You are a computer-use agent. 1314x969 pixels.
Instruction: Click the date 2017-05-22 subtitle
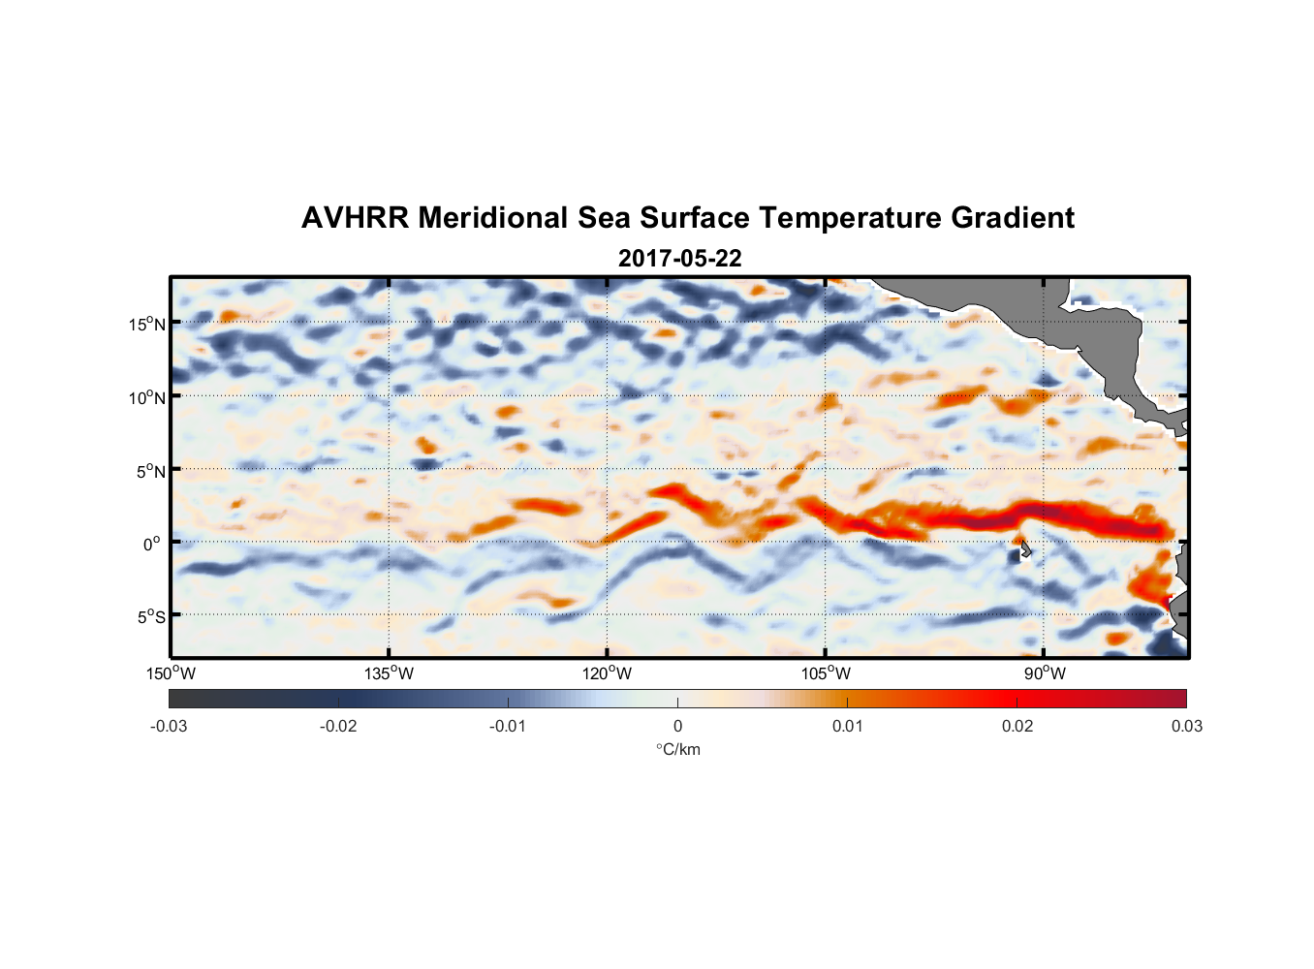(x=679, y=259)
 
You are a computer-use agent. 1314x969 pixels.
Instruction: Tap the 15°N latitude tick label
(x=147, y=324)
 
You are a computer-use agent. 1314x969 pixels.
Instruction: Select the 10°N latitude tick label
(x=147, y=397)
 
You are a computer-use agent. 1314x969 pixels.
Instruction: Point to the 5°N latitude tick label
(x=150, y=471)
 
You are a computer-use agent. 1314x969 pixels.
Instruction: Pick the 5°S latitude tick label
(x=150, y=617)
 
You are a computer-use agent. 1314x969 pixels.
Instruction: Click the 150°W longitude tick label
(x=172, y=673)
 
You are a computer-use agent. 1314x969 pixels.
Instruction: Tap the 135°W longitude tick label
(x=390, y=673)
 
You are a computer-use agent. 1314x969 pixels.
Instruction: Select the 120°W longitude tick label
(x=608, y=673)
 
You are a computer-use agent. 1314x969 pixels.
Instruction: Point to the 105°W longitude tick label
(x=826, y=673)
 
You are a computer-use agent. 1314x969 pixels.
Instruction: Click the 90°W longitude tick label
(x=1045, y=673)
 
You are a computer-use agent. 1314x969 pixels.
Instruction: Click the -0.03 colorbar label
(x=169, y=726)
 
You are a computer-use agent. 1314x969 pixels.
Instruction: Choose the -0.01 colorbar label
(x=508, y=726)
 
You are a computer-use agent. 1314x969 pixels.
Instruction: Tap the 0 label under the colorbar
(x=677, y=726)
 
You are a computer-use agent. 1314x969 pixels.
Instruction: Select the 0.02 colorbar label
(x=1017, y=726)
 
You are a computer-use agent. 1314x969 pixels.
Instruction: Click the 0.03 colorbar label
(x=1186, y=726)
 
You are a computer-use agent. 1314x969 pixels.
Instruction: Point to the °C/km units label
(x=677, y=749)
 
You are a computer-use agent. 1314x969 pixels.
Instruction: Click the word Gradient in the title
(x=1013, y=218)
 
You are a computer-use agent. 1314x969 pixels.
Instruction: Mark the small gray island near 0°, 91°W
(x=1024, y=549)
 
